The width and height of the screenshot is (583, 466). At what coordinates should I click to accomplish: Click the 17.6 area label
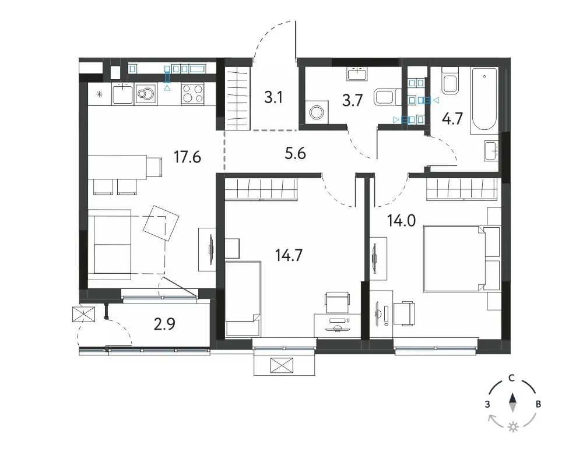(x=187, y=157)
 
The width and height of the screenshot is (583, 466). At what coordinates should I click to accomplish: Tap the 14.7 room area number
(x=289, y=255)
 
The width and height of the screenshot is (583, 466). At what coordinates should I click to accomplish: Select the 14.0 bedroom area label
(x=401, y=221)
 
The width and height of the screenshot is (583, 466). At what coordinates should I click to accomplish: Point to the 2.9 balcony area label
(x=164, y=324)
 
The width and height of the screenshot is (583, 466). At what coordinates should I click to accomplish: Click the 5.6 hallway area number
(x=295, y=153)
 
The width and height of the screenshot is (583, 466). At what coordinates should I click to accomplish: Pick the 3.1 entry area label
(x=273, y=97)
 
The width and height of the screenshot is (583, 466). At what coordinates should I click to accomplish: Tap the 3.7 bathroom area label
(x=352, y=100)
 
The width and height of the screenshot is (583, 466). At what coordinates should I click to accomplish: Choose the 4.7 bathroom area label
(x=452, y=119)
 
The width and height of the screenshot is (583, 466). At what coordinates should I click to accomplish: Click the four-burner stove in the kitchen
(x=192, y=93)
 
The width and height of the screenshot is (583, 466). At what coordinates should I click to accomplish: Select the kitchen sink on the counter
(x=122, y=93)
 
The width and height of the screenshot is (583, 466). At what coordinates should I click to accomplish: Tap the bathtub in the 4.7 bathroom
(x=484, y=101)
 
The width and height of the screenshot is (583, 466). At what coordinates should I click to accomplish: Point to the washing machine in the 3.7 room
(x=317, y=111)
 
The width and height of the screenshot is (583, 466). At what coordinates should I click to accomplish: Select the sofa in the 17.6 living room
(x=110, y=245)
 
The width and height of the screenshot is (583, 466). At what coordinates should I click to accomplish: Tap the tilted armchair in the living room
(x=161, y=223)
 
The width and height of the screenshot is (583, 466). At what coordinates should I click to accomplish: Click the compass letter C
(x=512, y=378)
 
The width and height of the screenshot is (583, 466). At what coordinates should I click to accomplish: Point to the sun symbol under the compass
(x=513, y=427)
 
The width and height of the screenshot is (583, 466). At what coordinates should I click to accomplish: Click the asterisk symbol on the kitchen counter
(x=99, y=94)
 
